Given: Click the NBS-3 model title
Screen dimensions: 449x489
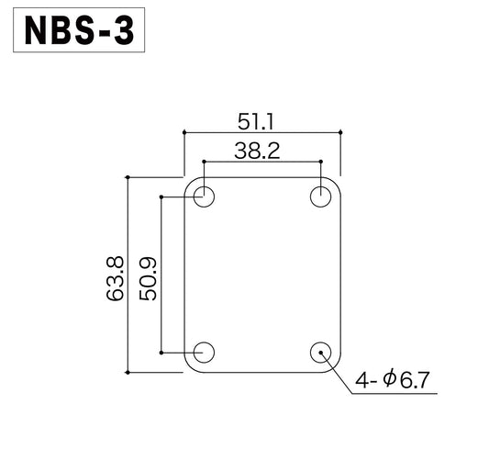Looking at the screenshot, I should click(79, 30).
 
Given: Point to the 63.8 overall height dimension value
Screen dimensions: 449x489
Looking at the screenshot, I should click(116, 276).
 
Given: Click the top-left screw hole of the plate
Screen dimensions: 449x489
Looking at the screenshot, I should click(204, 196).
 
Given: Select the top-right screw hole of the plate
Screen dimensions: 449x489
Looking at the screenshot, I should click(320, 196).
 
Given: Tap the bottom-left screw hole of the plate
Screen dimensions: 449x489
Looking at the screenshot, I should click(204, 352).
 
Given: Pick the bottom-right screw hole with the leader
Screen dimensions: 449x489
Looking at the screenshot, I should click(320, 352).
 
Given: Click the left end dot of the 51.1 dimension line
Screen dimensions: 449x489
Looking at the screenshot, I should click(184, 133).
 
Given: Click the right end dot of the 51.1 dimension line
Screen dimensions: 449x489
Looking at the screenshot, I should click(341, 133).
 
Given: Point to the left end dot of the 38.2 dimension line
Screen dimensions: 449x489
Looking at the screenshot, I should click(204, 163).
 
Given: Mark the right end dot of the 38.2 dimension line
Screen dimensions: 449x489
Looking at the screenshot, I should click(320, 163).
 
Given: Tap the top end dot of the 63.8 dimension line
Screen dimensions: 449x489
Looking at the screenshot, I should click(128, 177).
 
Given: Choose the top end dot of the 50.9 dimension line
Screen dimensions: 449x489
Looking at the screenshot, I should click(161, 196).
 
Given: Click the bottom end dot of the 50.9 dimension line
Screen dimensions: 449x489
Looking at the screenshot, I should click(161, 352).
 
